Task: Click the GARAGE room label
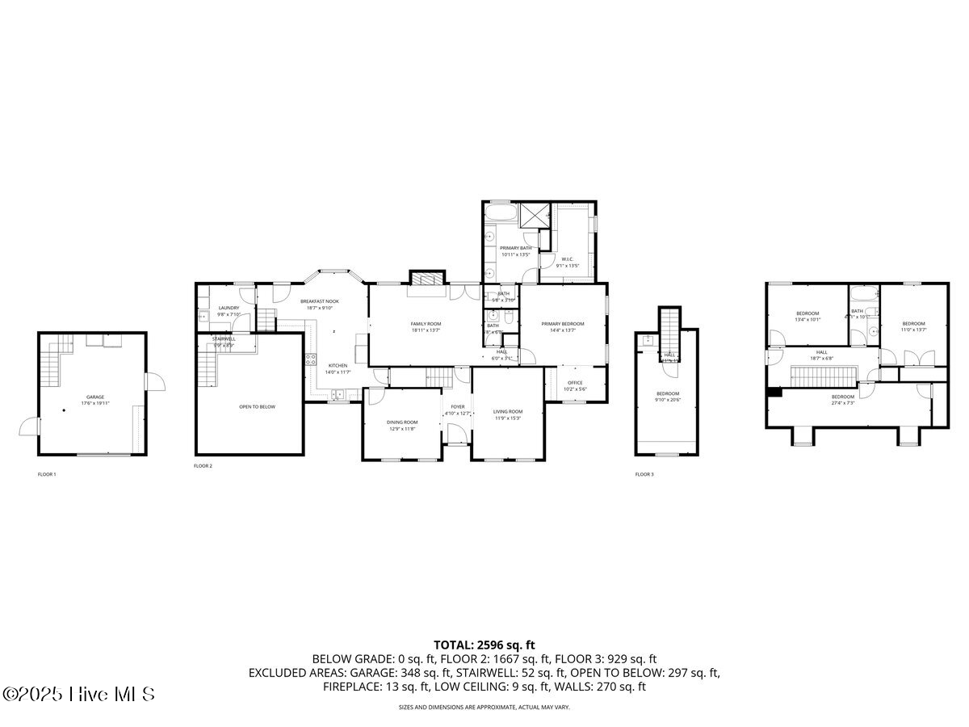(95, 397)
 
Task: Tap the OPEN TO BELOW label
(257, 406)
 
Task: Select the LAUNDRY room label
(229, 308)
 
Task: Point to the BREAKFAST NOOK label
(320, 301)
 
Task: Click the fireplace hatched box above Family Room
(426, 278)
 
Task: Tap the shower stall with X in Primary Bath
(534, 216)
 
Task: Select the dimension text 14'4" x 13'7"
(562, 330)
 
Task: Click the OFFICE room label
(575, 383)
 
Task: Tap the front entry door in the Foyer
(457, 432)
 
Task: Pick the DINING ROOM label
(401, 422)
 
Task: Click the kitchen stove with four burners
(309, 359)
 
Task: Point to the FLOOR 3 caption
(644, 474)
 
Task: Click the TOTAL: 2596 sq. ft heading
(484, 645)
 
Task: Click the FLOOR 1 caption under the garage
(47, 474)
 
